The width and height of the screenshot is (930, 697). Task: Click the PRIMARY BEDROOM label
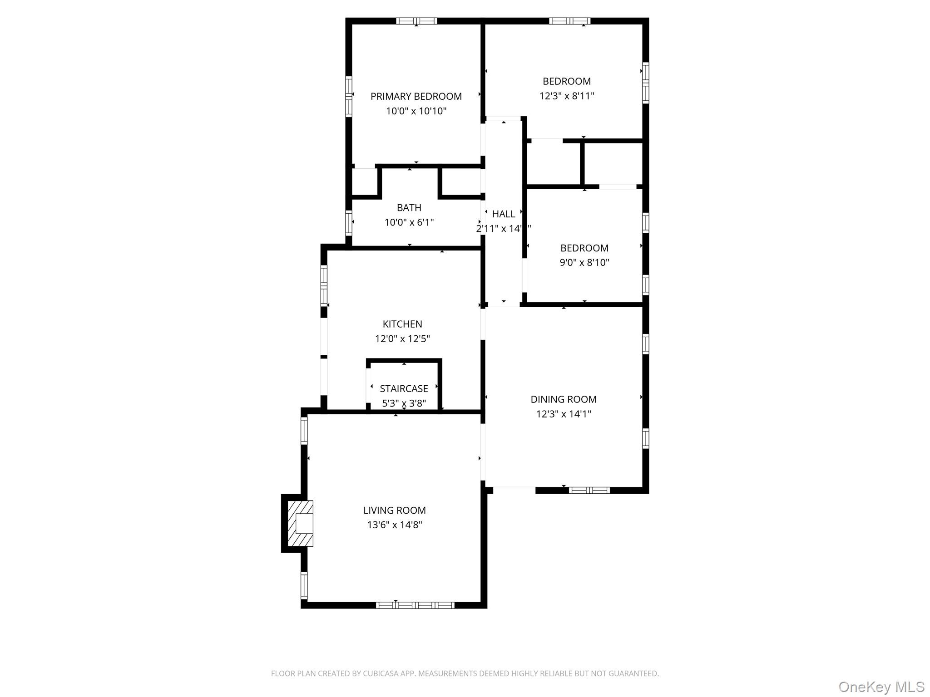pos(416,96)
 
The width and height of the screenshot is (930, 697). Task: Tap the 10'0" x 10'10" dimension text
pos(416,111)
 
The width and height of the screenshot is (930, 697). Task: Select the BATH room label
pos(409,208)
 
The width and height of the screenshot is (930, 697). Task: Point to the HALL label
pos(504,214)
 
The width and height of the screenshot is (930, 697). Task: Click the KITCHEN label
pos(402,324)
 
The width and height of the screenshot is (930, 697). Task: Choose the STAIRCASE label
pos(404,389)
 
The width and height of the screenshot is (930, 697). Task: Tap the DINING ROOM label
pos(564,399)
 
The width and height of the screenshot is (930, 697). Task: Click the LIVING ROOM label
pos(394,510)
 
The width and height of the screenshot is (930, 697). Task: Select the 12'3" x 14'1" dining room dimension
pos(564,414)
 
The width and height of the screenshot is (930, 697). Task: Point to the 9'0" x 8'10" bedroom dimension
pos(584,263)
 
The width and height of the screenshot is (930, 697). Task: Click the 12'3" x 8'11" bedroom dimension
pos(567,96)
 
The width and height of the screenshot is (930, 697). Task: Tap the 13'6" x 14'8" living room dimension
pos(394,525)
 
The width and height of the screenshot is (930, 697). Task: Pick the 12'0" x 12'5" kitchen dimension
pos(402,339)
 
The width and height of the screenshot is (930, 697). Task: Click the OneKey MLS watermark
pos(881,687)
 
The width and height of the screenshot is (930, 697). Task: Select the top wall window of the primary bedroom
pos(416,21)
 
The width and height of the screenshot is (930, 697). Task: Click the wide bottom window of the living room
pos(415,605)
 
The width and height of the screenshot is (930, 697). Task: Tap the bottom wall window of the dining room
pos(589,490)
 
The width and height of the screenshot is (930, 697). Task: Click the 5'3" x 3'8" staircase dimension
pos(404,403)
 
